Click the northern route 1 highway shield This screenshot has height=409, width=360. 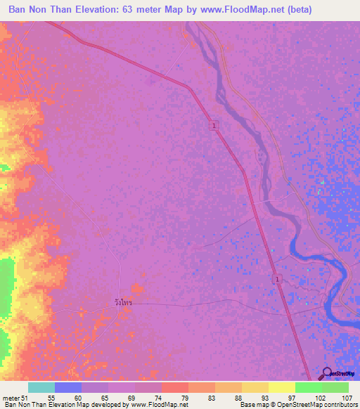point(214,125)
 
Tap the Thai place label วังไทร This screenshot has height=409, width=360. point(123,302)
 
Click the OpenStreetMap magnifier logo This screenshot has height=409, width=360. point(327,373)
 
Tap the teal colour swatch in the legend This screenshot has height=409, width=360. point(41,387)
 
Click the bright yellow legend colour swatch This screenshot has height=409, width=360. point(281,387)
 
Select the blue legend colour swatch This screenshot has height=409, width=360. point(67,387)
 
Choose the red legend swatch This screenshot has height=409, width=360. point(174,387)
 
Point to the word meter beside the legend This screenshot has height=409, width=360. point(11,397)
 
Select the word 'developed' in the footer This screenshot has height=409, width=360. point(101,405)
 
